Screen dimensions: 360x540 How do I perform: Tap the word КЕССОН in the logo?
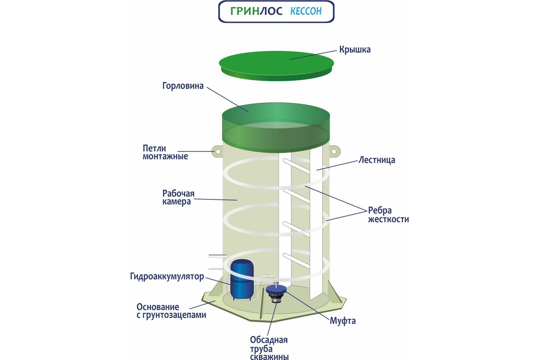[x=306, y=11]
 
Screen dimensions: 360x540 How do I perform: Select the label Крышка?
[x=355, y=49]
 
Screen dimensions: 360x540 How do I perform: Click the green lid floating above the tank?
[x=277, y=63]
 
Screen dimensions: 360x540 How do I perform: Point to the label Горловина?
[x=184, y=85]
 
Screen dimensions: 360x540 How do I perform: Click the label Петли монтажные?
[x=165, y=152]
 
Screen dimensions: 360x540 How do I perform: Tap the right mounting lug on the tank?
[x=336, y=150]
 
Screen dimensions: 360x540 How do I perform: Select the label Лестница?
[x=377, y=160]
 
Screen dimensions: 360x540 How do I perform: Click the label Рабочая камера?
[x=177, y=197]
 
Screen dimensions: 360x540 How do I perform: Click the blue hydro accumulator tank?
[x=242, y=279]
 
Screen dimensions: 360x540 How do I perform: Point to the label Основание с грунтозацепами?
[x=171, y=311]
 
